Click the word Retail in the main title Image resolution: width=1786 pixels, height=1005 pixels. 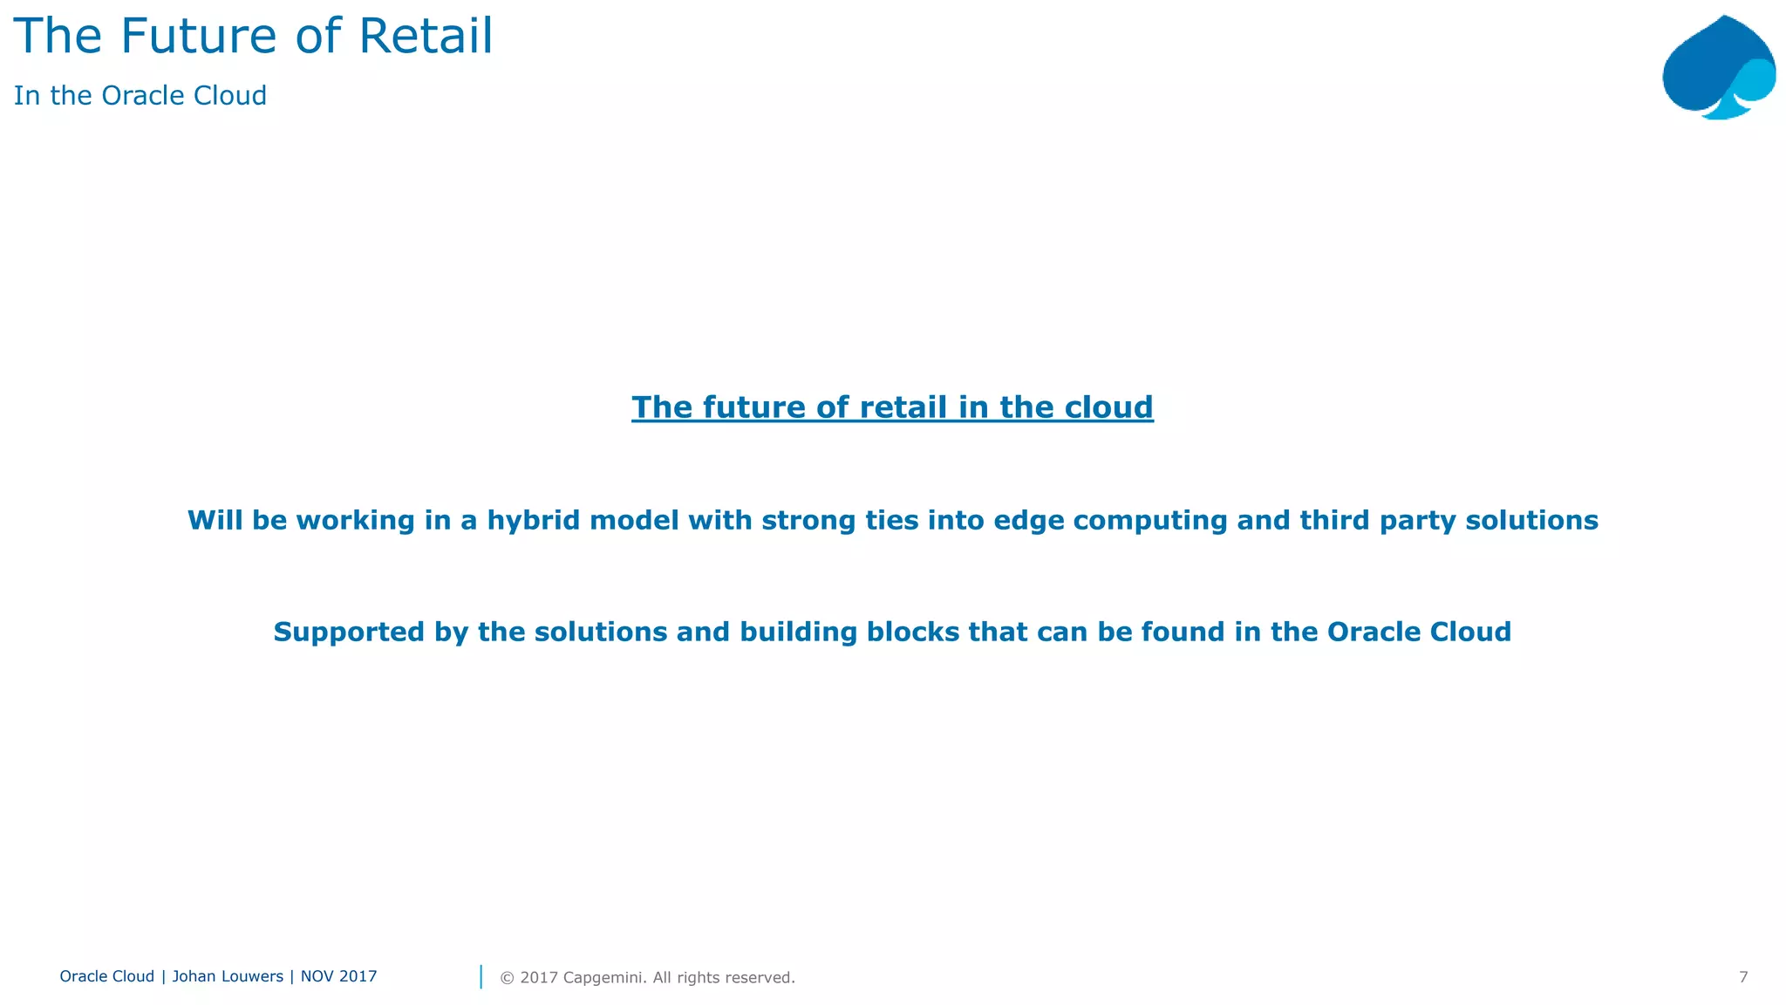click(x=426, y=37)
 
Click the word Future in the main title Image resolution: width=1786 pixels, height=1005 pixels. click(x=200, y=37)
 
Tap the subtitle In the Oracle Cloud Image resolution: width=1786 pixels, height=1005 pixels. click(x=140, y=95)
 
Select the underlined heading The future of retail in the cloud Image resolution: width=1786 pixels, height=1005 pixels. click(x=892, y=407)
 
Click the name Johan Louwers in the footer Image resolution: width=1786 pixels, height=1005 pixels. click(x=227, y=976)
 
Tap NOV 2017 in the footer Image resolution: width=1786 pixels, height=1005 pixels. click(x=338, y=976)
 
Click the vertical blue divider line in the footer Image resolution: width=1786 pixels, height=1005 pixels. click(x=481, y=976)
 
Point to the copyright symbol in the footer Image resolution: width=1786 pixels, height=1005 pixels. click(x=506, y=978)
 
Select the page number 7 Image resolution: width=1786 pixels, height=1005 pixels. click(x=1742, y=977)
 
